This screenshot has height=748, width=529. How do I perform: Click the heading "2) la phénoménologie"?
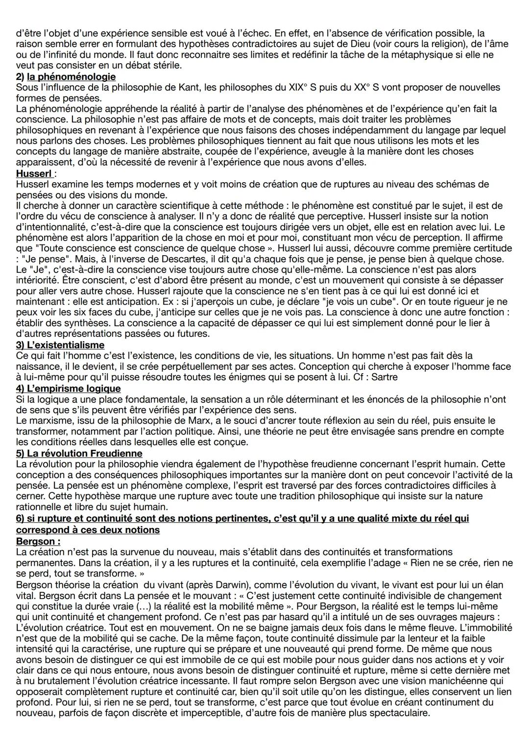(x=66, y=77)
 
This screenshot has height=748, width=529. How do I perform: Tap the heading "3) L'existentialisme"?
(x=60, y=345)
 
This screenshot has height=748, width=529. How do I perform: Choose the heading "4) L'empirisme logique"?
(x=68, y=388)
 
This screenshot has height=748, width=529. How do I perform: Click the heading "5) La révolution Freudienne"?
(x=79, y=453)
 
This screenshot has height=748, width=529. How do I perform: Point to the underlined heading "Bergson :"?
(x=38, y=541)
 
